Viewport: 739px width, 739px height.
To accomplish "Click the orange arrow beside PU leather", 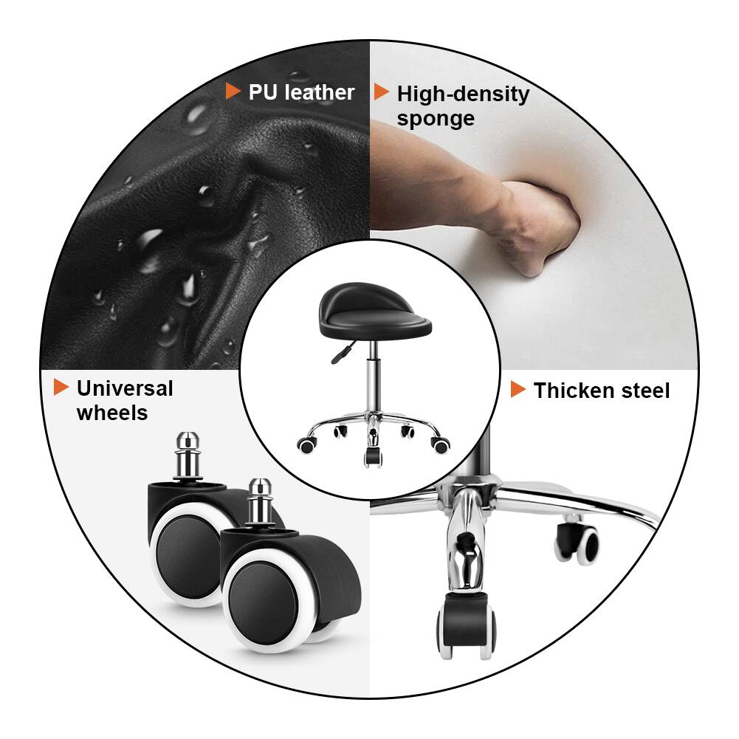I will (233, 91).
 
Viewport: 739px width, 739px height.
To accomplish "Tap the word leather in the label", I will (320, 92).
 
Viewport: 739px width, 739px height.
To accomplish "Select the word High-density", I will (463, 94).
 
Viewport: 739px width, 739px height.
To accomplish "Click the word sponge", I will (436, 119).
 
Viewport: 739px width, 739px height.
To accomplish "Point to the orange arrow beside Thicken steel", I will (518, 389).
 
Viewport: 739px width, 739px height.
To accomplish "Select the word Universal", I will (124, 388).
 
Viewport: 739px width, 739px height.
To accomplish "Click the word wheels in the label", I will (111, 413).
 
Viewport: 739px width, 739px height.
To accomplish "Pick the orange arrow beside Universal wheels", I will (61, 387).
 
